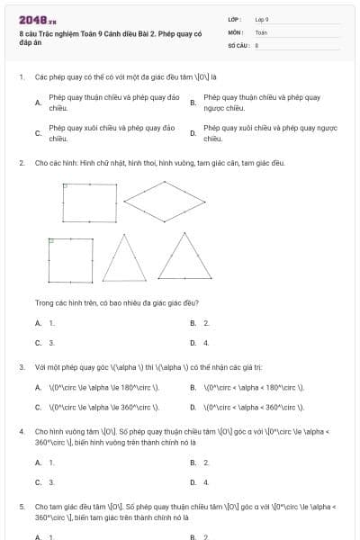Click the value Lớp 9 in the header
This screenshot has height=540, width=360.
[262, 19]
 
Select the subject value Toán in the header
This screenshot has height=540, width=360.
[261, 31]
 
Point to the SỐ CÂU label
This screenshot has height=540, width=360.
[238, 44]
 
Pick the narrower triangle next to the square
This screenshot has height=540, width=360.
[126, 259]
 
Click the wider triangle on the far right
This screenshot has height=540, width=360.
[172, 259]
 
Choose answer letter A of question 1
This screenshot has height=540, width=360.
[37, 103]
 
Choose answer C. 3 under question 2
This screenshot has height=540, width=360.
[45, 342]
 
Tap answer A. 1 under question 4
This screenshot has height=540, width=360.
[45, 463]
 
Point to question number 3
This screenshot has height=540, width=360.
[21, 367]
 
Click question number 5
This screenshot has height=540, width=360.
[21, 507]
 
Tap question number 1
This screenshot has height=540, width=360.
[21, 77]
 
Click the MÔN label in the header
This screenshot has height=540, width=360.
[235, 31]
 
